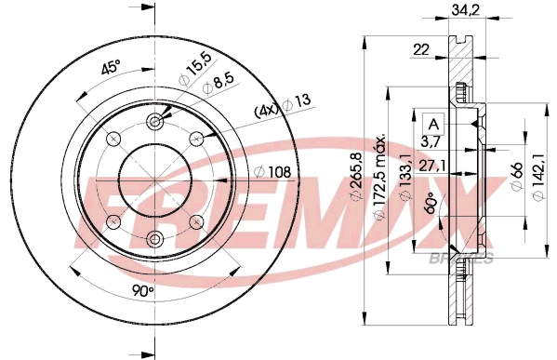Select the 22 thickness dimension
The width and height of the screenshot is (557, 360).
coord(422,50)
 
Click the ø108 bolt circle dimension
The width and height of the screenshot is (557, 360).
coord(273,171)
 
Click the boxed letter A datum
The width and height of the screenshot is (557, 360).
coord(431,123)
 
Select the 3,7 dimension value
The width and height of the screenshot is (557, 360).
coord(430,141)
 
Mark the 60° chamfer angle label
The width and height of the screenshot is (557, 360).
coord(430,203)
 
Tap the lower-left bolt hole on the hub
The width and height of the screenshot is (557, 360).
coord(113,221)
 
